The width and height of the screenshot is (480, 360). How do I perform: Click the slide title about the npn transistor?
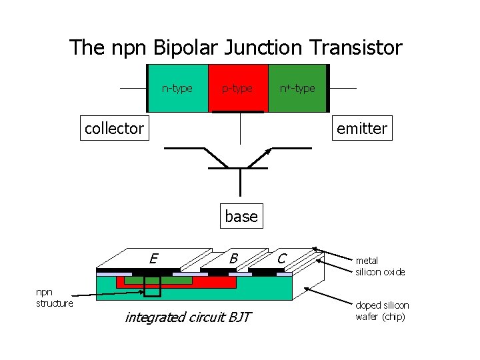tap(236, 47)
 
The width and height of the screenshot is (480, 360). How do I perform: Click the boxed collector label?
tap(114, 128)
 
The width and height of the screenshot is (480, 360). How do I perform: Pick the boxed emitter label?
tap(361, 128)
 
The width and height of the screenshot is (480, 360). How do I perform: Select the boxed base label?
tap(241, 216)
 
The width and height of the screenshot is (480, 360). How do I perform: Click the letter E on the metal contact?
tap(153, 258)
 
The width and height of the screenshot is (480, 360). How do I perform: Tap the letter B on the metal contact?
tap(233, 258)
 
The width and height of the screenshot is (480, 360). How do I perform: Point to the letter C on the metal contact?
tap(282, 258)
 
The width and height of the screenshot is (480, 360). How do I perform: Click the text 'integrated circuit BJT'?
tap(188, 317)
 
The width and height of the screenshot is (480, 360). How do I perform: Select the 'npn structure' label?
tap(54, 298)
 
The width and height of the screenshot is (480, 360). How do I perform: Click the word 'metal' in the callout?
tap(367, 261)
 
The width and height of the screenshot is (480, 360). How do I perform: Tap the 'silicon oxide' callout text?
tap(380, 272)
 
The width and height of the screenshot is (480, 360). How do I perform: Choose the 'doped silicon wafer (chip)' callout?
tap(382, 311)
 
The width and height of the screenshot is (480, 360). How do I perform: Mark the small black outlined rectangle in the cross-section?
tap(153, 286)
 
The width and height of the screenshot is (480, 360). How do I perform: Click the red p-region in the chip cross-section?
tap(213, 282)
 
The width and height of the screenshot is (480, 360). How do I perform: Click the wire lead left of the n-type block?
tap(133, 88)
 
